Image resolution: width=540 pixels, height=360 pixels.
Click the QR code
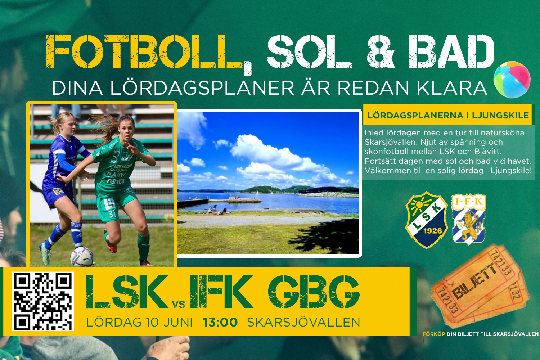[43, 301]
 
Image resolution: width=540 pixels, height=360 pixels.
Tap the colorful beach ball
[512, 80]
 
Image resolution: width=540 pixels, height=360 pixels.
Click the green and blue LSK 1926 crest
[427, 220]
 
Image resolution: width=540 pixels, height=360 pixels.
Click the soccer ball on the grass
[82, 257]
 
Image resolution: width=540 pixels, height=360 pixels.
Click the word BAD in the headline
[451, 51]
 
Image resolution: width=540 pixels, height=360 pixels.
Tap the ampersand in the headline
[381, 51]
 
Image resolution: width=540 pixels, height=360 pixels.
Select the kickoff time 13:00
[220, 323]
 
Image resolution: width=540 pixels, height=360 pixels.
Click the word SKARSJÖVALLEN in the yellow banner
[303, 323]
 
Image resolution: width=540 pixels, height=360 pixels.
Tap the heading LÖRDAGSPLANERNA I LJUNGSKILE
[448, 115]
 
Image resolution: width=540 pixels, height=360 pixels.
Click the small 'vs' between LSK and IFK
[179, 304]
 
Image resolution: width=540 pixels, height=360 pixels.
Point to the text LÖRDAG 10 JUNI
[139, 323]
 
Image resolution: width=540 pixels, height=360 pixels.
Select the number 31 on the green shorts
[112, 213]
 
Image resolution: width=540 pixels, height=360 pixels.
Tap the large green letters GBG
[314, 292]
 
